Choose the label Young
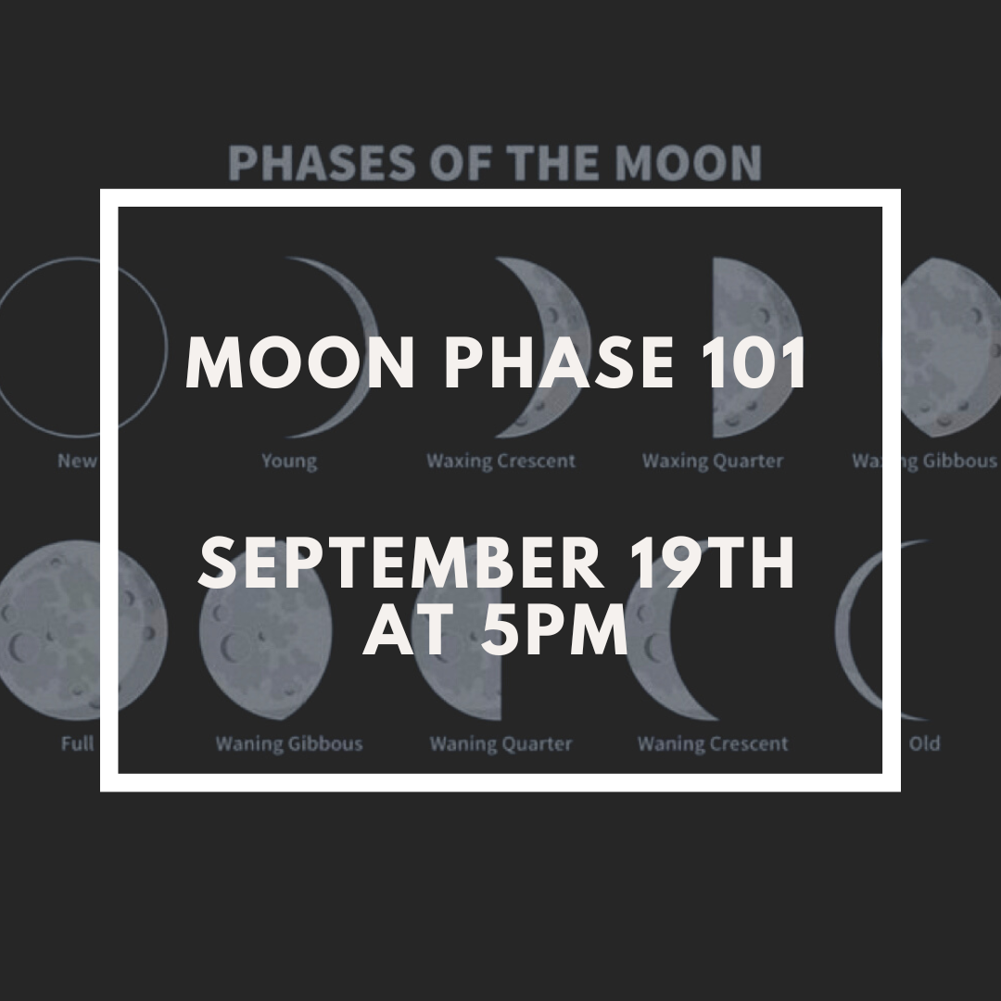[289, 461]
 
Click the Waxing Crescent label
[500, 461]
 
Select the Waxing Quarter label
[713, 461]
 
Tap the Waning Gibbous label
[289, 743]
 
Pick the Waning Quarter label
[500, 743]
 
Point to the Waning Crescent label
[713, 743]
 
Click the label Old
[924, 743]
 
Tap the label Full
[78, 743]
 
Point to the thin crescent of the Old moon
[848, 630]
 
